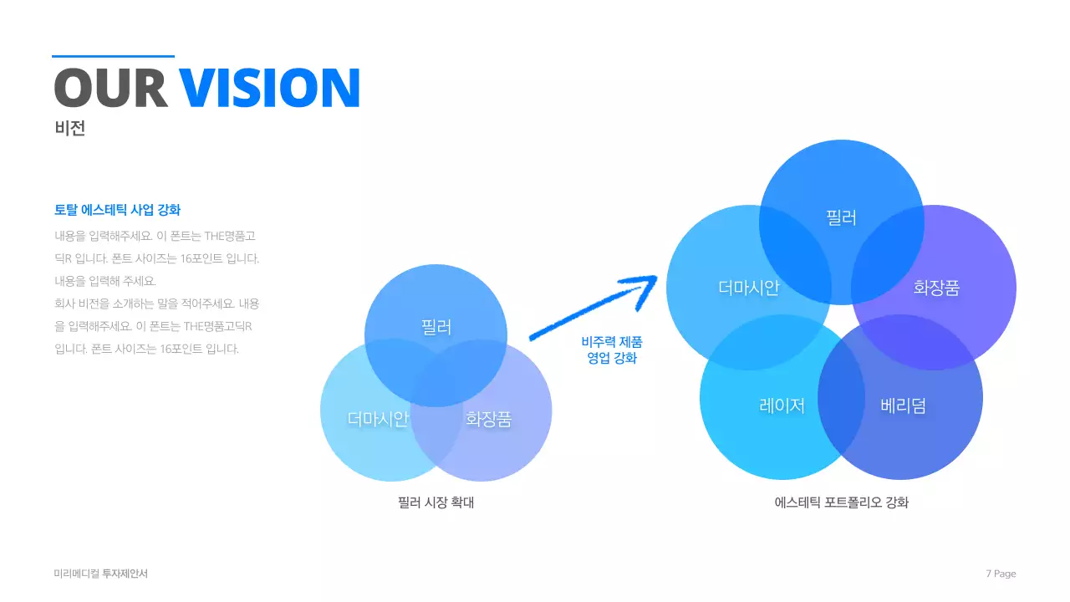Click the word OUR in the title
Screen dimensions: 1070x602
click(111, 88)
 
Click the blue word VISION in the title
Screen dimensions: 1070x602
click(269, 88)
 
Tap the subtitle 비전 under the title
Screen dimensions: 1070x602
click(69, 128)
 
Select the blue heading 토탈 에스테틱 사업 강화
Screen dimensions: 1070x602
click(118, 210)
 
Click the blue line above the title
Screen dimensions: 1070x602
click(113, 56)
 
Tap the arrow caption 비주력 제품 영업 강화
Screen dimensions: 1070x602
click(612, 349)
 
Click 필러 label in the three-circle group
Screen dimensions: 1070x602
click(436, 327)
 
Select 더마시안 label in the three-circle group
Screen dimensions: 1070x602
click(378, 419)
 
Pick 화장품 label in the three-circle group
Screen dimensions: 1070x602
click(489, 419)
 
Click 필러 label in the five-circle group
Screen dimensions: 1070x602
click(841, 218)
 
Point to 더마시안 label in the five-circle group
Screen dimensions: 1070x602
click(749, 288)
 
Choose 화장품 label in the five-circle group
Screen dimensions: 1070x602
click(936, 288)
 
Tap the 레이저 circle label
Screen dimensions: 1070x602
click(782, 406)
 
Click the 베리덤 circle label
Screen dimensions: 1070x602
click(903, 406)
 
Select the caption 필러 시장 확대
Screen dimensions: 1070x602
click(436, 503)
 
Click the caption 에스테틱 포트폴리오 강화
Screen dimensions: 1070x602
click(841, 503)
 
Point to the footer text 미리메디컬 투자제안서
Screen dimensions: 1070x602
click(101, 574)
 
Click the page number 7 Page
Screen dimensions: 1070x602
click(1001, 574)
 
